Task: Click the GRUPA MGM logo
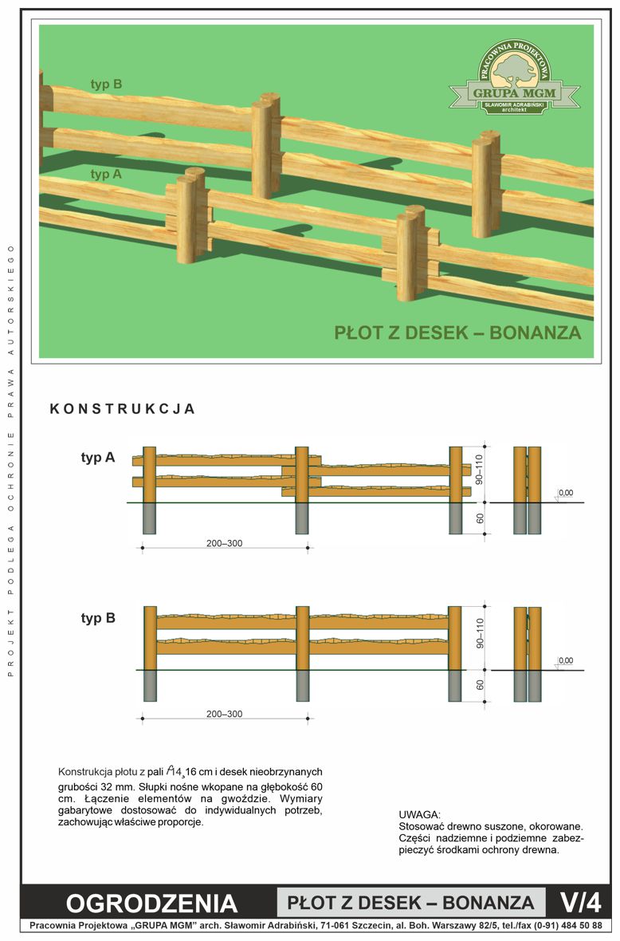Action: pyautogui.click(x=515, y=77)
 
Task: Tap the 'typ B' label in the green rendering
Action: pyautogui.click(x=106, y=84)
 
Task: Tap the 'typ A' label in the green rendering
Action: pyautogui.click(x=106, y=174)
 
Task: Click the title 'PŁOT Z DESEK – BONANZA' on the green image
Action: pyautogui.click(x=457, y=333)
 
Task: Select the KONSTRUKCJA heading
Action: pyautogui.click(x=122, y=408)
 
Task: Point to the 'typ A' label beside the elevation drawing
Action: pyautogui.click(x=98, y=457)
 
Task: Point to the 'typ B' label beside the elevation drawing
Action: pyautogui.click(x=98, y=618)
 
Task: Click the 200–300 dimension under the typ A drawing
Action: pyautogui.click(x=224, y=543)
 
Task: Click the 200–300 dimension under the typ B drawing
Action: pyautogui.click(x=224, y=714)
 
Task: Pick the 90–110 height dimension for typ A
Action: pyautogui.click(x=479, y=469)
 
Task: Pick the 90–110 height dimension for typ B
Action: pyautogui.click(x=479, y=633)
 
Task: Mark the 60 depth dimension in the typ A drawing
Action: pyautogui.click(x=480, y=518)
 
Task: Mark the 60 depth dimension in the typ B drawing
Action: pyautogui.click(x=480, y=684)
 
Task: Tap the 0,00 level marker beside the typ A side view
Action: pyautogui.click(x=566, y=494)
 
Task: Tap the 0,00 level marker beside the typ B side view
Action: pyautogui.click(x=566, y=661)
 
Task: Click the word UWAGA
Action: pyautogui.click(x=420, y=814)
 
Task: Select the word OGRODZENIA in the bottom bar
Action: pyautogui.click(x=151, y=904)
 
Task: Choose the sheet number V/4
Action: pyautogui.click(x=580, y=902)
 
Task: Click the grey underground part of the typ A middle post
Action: pyautogui.click(x=302, y=518)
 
